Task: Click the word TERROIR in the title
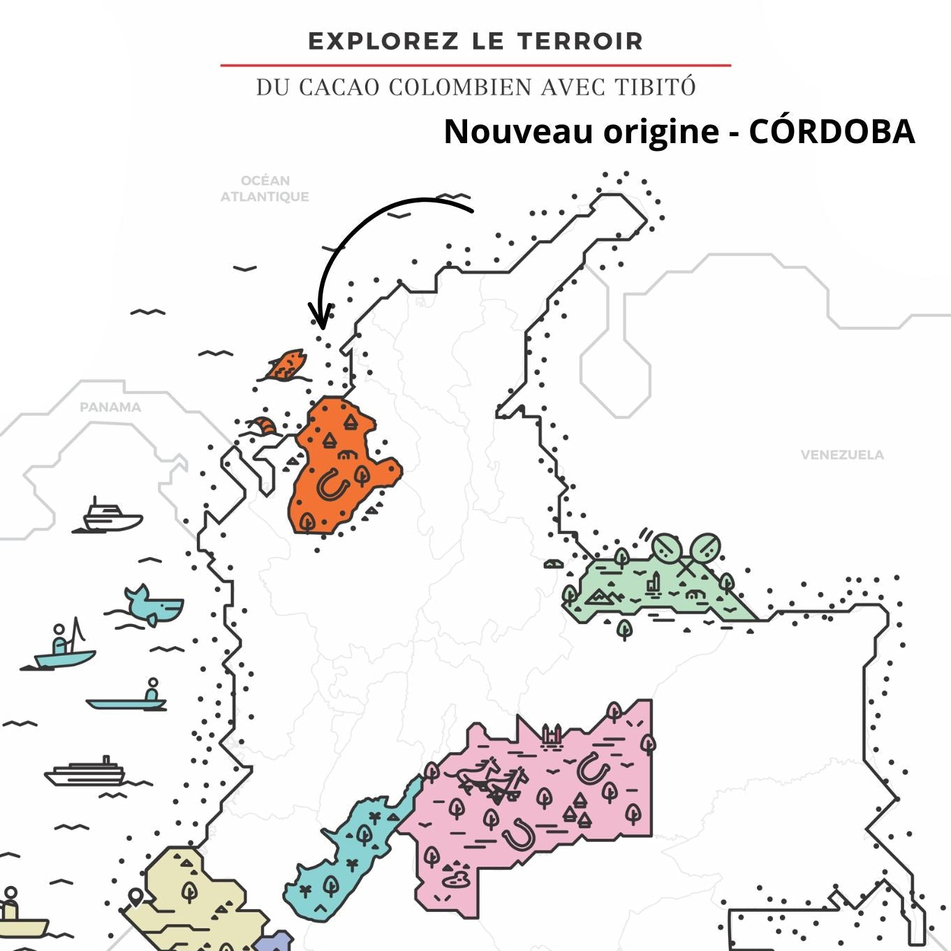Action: [x=580, y=41]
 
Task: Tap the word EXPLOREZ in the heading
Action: [x=383, y=41]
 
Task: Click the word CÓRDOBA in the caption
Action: [x=831, y=131]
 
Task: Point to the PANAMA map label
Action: [x=110, y=407]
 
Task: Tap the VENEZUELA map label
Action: [x=842, y=455]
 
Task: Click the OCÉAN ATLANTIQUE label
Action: [x=265, y=189]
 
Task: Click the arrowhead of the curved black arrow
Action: [x=320, y=320]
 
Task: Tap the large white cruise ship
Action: [x=86, y=773]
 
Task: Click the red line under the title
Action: [x=475, y=66]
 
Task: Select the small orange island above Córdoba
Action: [x=286, y=365]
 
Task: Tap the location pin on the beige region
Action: [x=135, y=896]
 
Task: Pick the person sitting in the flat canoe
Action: [x=152, y=691]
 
